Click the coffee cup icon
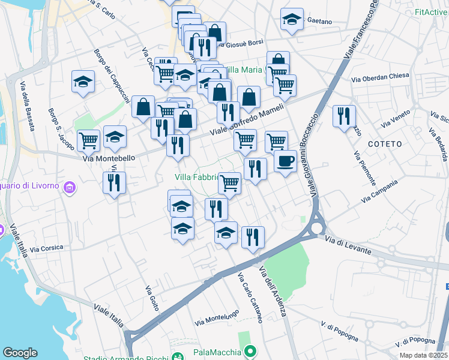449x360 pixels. point(285,161)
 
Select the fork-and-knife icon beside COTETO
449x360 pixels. point(344,116)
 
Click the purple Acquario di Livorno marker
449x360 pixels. point(70,187)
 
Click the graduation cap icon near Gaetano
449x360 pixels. point(292,20)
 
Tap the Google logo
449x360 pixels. point(20,353)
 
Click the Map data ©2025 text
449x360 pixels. point(424,355)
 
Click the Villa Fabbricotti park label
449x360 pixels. point(195,177)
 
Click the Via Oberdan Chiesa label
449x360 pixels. point(380,77)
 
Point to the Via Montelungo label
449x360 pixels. point(218,317)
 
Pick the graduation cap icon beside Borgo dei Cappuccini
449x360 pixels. point(83,82)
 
